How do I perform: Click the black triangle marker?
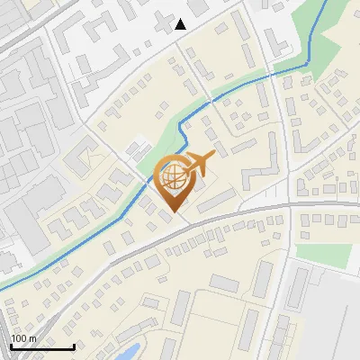click(x=181, y=24)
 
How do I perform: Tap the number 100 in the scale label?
click(x=19, y=338)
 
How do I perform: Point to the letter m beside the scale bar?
click(x=31, y=338)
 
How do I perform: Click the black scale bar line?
click(x=41, y=346)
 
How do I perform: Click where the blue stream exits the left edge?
click(x=2, y=286)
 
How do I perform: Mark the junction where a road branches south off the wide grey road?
click(x=289, y=208)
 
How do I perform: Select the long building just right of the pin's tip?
click(x=216, y=203)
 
